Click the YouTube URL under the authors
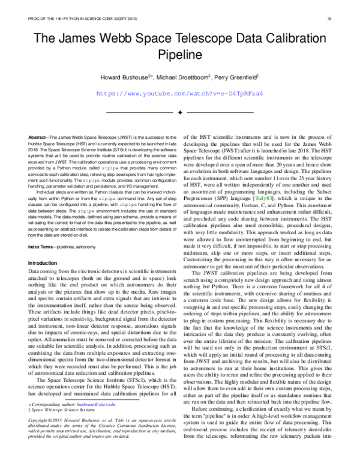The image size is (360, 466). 179,94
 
